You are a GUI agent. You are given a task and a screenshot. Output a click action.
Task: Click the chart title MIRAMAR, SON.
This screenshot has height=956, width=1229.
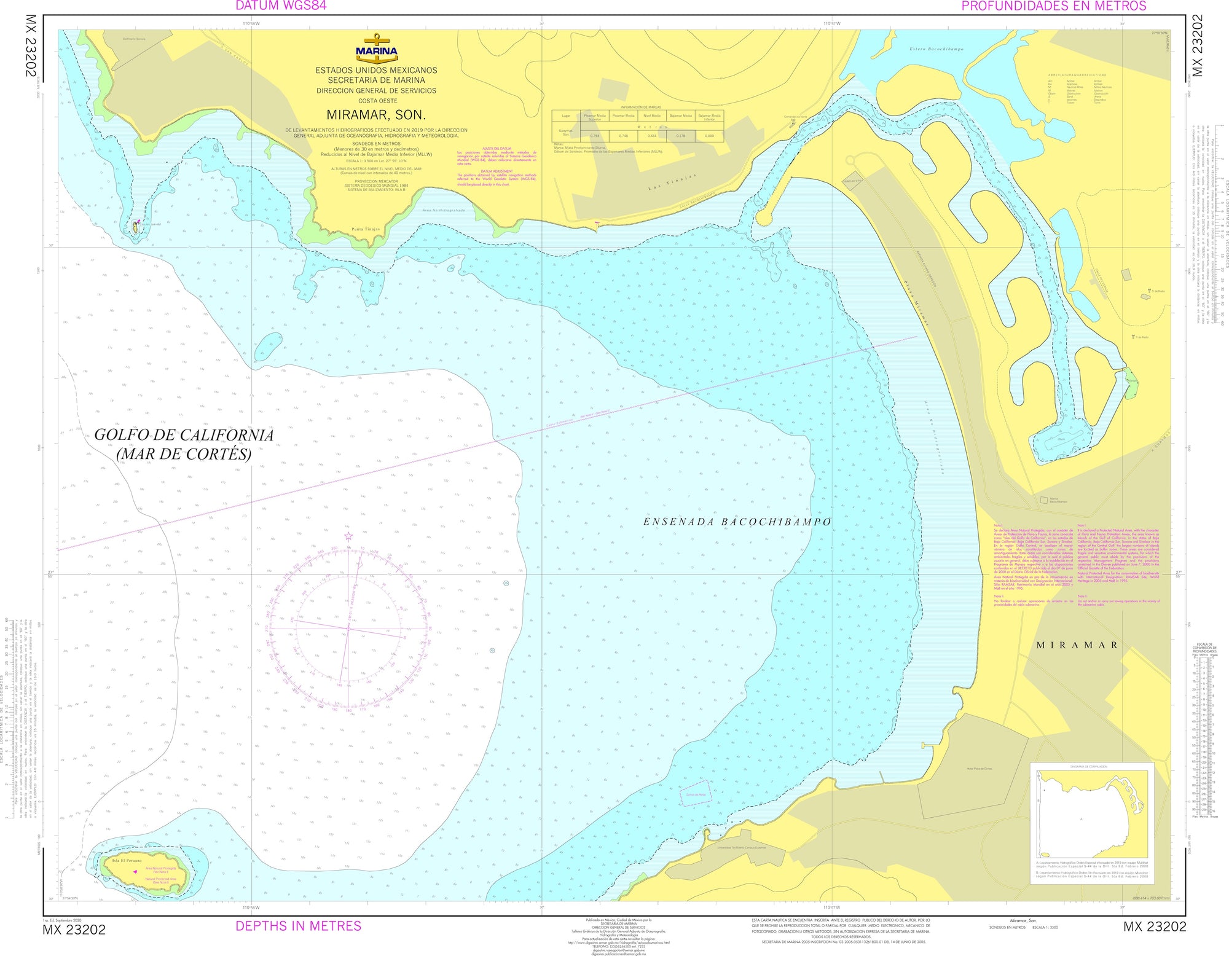click(376, 115)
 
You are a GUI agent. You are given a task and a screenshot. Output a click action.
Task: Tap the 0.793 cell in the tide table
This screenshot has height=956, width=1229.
click(594, 136)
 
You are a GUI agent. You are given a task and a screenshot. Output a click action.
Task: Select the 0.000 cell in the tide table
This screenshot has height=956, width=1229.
click(709, 136)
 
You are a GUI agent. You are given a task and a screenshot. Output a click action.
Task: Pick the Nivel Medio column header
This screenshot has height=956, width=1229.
click(652, 116)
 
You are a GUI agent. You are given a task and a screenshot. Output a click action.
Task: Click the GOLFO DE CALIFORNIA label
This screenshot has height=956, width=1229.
click(184, 435)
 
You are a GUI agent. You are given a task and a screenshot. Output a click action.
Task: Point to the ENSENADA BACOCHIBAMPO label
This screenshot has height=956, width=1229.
click(737, 522)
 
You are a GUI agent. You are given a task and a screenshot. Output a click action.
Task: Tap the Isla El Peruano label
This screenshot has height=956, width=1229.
click(127, 861)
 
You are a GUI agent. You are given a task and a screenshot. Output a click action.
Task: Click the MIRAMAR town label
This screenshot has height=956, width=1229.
click(1077, 645)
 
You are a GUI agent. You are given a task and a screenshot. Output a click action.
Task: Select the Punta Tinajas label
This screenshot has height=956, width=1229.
click(366, 229)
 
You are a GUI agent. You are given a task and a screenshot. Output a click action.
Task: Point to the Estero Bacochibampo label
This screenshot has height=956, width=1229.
click(936, 49)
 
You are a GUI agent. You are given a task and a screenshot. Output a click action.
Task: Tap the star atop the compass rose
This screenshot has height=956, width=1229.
click(348, 536)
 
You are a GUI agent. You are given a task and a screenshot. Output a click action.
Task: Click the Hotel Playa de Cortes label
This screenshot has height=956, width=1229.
click(979, 769)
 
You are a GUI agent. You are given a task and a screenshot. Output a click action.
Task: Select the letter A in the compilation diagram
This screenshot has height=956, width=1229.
click(1081, 820)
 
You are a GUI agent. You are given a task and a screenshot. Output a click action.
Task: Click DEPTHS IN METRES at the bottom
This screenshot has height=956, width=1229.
click(298, 926)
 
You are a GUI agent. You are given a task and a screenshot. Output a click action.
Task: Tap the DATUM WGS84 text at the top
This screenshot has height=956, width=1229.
click(281, 6)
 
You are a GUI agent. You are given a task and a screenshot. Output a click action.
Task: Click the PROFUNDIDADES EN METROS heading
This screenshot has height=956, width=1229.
click(1053, 6)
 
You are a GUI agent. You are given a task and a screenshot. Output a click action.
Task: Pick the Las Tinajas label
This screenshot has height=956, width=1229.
click(673, 182)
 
